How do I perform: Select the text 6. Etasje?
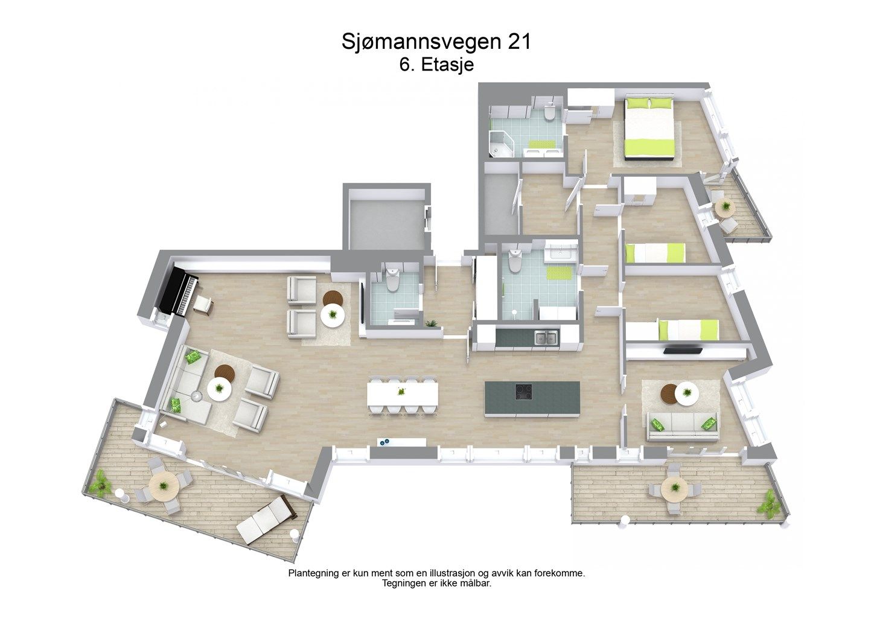tap(436, 65)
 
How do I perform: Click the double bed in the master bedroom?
tap(649, 128)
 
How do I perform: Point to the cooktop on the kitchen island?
tap(523, 392)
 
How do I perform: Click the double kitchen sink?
tap(546, 338)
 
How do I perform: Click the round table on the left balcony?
tap(163, 484)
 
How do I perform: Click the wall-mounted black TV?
tap(683, 349)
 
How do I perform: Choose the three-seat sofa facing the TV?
tap(683, 425)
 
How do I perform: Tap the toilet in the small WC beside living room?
tap(392, 279)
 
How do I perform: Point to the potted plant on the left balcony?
tap(100, 483)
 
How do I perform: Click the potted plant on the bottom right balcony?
tap(770, 503)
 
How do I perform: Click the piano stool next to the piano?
tap(203, 305)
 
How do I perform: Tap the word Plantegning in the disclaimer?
tap(313, 573)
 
